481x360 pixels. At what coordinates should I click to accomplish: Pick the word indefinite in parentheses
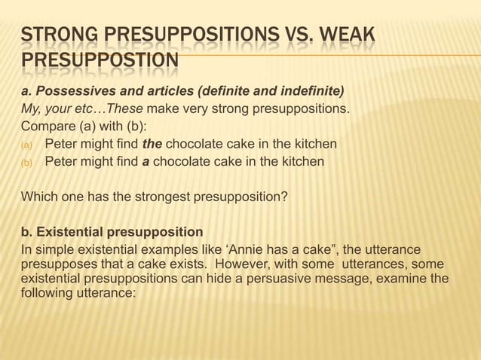(311, 92)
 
